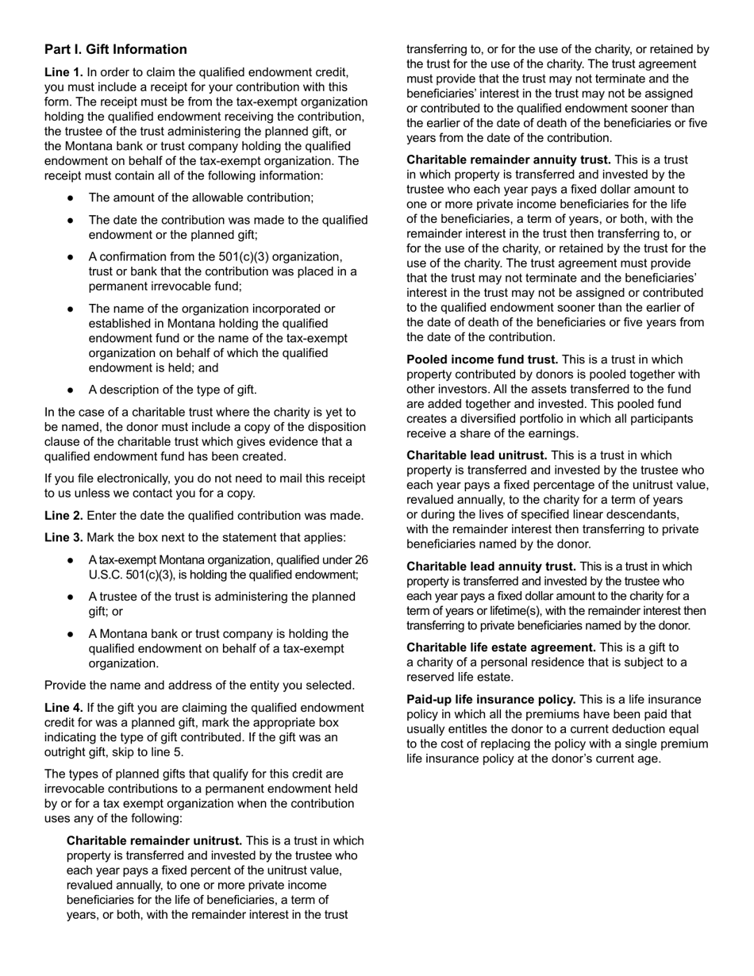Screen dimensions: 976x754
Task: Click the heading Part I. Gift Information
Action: [x=116, y=49]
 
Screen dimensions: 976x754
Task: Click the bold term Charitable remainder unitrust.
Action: [x=154, y=840]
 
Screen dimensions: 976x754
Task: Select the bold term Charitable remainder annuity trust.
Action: [x=509, y=159]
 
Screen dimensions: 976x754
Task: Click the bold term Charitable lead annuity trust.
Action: [x=491, y=567]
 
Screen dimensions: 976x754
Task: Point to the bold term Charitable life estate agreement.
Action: [x=501, y=647]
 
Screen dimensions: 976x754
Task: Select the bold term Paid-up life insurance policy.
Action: [x=491, y=699]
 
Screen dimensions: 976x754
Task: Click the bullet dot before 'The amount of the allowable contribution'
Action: [x=71, y=198]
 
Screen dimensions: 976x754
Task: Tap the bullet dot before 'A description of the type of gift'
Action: [x=71, y=390]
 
